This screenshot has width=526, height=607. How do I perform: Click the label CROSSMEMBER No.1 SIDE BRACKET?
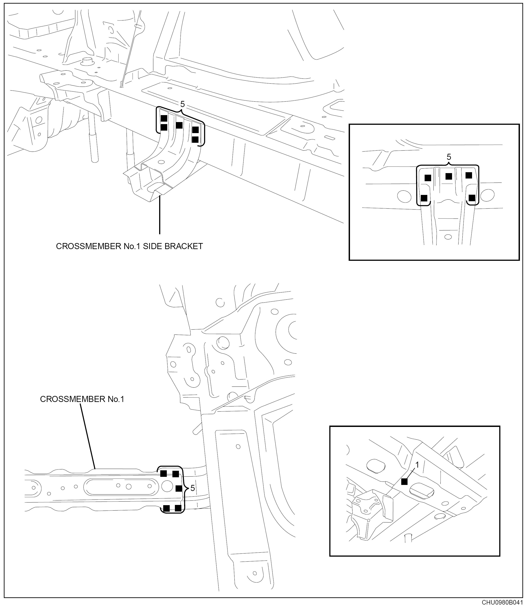(129, 246)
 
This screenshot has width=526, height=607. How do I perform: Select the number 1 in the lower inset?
(417, 465)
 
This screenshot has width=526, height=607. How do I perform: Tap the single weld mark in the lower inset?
(404, 482)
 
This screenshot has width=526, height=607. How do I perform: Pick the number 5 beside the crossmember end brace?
(193, 488)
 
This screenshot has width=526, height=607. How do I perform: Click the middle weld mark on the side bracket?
(179, 125)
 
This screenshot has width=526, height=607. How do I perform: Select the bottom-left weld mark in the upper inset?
(424, 198)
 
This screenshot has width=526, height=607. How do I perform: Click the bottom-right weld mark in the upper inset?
(472, 198)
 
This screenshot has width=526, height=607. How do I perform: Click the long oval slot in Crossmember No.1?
(121, 487)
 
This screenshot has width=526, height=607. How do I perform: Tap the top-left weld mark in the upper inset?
(428, 178)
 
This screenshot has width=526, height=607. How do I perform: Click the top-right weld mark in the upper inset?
(469, 175)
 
